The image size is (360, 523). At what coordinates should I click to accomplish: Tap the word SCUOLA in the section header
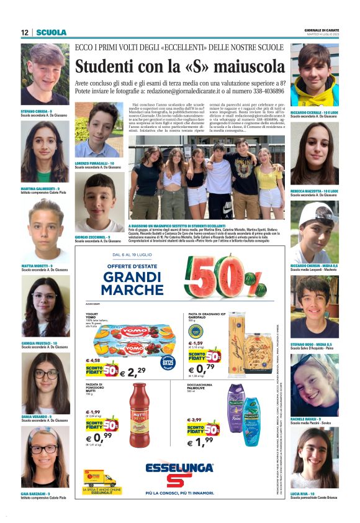51,32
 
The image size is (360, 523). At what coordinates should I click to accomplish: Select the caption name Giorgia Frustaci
38,343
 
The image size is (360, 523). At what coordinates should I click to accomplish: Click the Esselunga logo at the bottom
179,472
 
